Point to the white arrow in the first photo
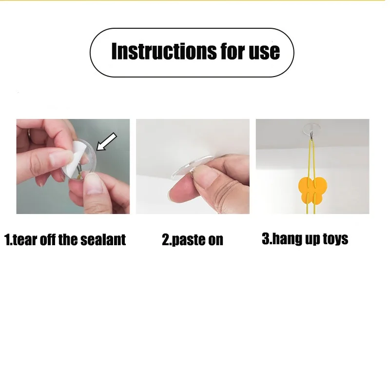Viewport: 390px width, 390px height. (x=106, y=141)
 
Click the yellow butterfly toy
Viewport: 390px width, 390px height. (x=312, y=190)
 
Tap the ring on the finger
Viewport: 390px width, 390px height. (x=29, y=135)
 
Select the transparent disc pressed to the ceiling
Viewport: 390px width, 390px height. (x=192, y=165)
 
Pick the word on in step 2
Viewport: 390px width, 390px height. (x=215, y=240)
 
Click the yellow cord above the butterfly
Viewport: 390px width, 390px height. (x=311, y=159)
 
